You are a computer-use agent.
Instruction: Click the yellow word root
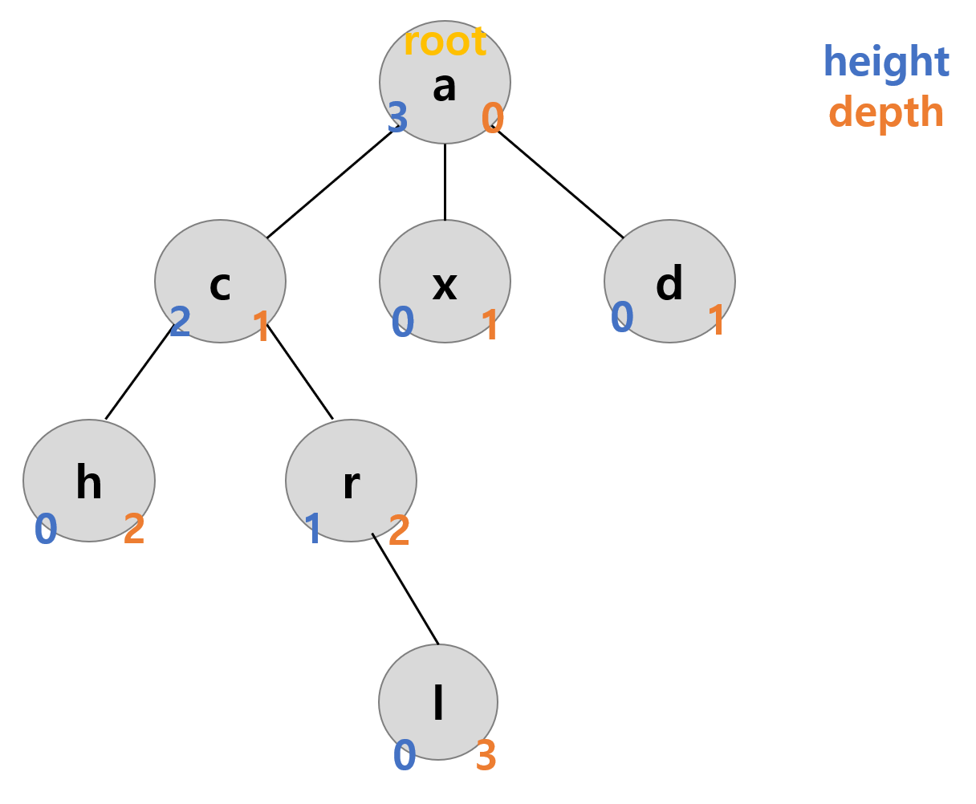point(445,42)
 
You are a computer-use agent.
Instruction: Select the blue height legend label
point(886,62)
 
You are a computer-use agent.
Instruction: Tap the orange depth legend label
point(886,112)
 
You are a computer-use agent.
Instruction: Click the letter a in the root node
point(444,86)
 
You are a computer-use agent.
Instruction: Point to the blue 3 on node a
point(398,118)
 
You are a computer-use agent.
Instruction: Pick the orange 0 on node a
point(492,119)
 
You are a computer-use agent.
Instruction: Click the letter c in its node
point(220,285)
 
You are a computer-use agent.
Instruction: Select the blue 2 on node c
point(180,322)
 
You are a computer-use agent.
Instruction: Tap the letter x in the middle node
point(445,285)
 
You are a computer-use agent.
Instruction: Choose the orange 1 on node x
point(490,326)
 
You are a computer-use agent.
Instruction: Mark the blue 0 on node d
point(622,317)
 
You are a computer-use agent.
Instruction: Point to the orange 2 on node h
point(134,530)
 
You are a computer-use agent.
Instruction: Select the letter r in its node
point(351,484)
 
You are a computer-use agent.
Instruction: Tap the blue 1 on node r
point(313,530)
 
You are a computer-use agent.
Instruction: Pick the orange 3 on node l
point(486,756)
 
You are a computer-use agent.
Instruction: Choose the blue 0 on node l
point(405,756)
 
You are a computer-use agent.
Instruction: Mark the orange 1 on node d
point(716,321)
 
